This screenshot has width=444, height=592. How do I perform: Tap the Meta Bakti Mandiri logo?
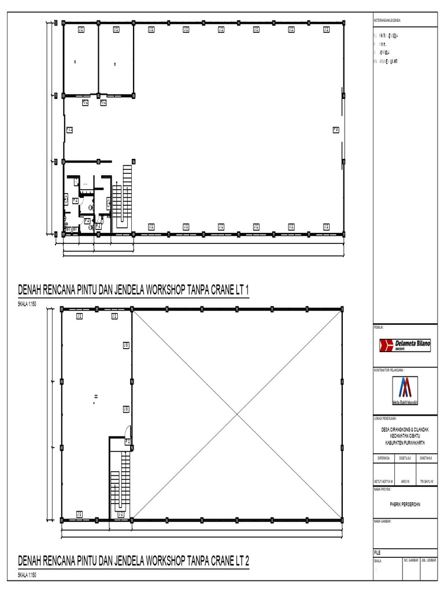[x=405, y=390]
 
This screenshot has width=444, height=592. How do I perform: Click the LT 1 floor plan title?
[x=134, y=289]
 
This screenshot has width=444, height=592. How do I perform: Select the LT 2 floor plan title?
[x=134, y=560]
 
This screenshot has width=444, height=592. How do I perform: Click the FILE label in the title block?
[x=378, y=552]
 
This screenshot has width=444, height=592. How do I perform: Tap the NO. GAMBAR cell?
[x=410, y=560]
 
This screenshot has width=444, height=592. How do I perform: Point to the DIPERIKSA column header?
[x=383, y=457]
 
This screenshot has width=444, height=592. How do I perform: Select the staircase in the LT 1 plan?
[x=123, y=197]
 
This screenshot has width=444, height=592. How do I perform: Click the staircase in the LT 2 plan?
[x=121, y=480]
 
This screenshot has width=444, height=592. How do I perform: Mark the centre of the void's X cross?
[x=237, y=414]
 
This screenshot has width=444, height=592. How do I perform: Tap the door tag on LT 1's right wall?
[x=335, y=130]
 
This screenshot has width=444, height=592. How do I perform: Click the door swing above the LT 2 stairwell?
[x=128, y=431]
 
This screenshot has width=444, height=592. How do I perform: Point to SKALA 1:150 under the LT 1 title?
[x=27, y=304]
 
